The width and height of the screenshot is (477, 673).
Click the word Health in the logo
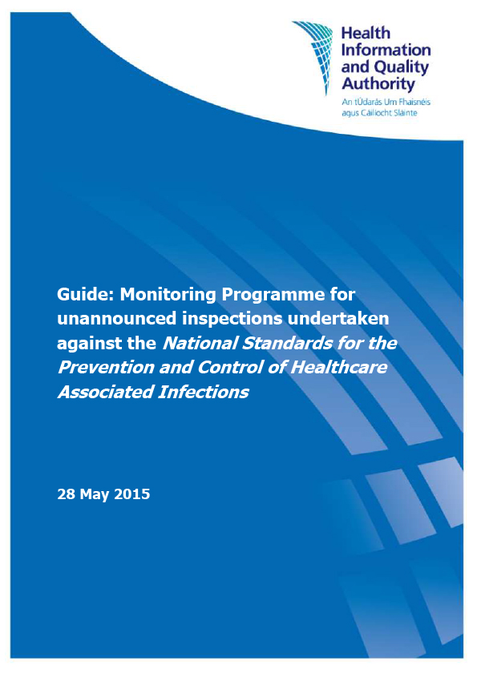[366, 34]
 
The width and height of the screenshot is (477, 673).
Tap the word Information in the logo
[386, 50]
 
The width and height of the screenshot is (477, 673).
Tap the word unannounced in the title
[113, 319]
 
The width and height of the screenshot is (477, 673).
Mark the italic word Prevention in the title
[101, 369]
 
